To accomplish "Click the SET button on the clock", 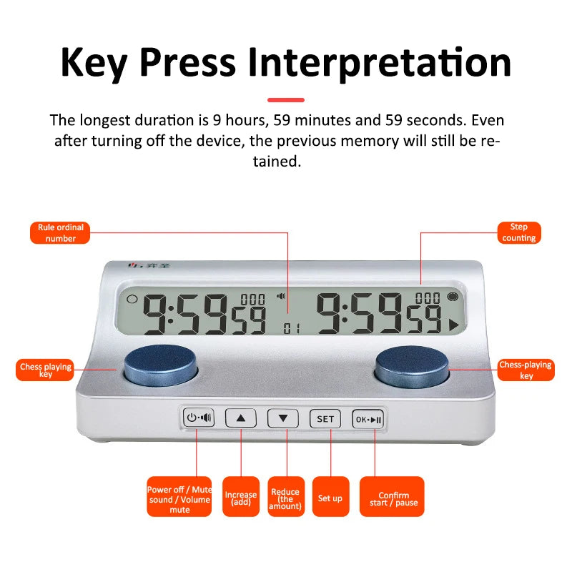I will coord(325,419).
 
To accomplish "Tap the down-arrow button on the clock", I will coord(283,419).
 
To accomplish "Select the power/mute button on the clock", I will coord(198,418).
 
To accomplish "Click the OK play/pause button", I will coord(368,419).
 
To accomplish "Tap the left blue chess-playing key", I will coord(160,365).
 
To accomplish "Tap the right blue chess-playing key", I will coord(412,365).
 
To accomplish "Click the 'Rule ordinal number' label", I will coord(61,232).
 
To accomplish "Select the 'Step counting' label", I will coord(519,232).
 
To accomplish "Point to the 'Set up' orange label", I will coord(330,497).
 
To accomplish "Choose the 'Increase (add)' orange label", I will coord(241,497).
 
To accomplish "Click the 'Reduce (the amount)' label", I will coord(286,497).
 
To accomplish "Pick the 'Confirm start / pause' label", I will coord(393,497).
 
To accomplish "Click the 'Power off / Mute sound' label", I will coord(179,497).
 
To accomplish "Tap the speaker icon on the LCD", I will coord(281,296).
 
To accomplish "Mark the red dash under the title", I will coord(286,100).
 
